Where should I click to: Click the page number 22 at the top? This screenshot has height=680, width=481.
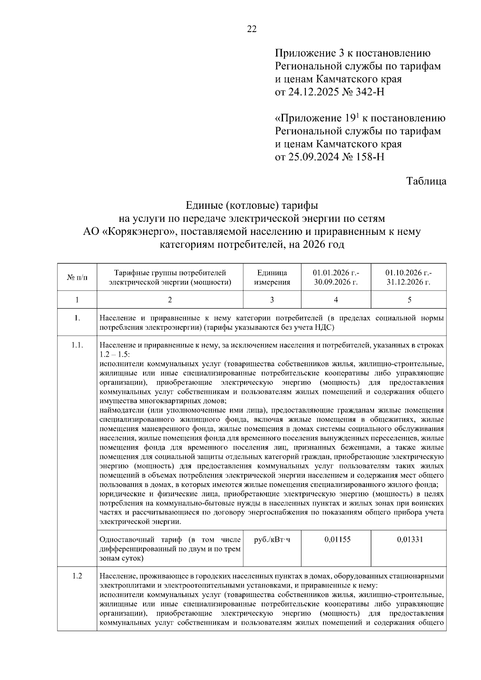coord(252,29)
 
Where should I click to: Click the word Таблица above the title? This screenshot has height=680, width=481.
coord(426,181)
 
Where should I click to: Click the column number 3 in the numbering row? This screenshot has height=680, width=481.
coord(272,300)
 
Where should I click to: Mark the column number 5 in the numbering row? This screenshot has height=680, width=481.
coord(409,300)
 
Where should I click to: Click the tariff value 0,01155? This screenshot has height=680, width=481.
coord(337,539)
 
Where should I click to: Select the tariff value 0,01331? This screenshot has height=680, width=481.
coord(410,539)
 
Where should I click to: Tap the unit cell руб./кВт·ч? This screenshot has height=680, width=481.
coord(272,539)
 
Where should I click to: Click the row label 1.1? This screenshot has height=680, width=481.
coord(77,345)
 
